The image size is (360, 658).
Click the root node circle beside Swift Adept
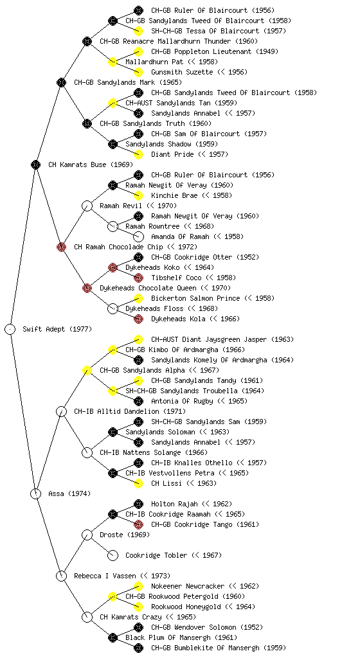(x=10, y=329)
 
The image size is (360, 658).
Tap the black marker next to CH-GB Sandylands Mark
(x=61, y=82)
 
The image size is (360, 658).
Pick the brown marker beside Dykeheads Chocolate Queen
(x=87, y=288)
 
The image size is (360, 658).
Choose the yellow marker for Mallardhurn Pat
(x=113, y=62)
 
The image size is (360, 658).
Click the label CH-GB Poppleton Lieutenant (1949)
(x=215, y=51)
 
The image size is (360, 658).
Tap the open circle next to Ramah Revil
(x=87, y=206)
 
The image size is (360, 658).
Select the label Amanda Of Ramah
(x=180, y=236)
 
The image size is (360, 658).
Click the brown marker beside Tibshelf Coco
(x=138, y=278)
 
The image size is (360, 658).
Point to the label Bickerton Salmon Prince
(x=195, y=298)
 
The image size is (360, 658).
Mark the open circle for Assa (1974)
(x=35, y=493)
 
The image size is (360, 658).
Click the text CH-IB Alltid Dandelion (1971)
(x=130, y=411)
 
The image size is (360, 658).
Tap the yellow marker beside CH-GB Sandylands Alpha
(x=87, y=370)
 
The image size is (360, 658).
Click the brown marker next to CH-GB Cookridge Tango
(x=138, y=524)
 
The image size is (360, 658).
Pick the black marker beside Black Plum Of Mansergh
(x=113, y=637)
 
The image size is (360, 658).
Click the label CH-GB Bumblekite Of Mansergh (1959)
(x=218, y=648)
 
